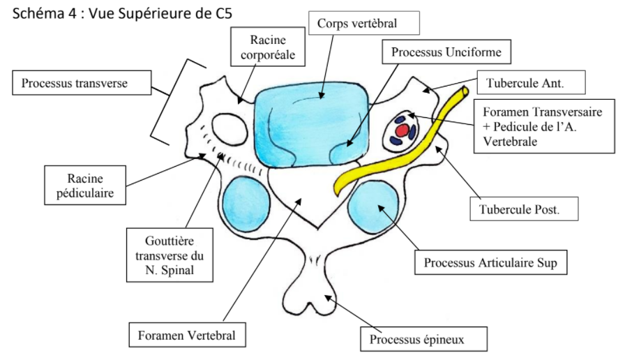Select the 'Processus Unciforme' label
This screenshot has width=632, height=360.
pos(446,52)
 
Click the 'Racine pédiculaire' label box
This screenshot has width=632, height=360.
pos(85,185)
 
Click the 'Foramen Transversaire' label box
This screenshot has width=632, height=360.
pos(543,126)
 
